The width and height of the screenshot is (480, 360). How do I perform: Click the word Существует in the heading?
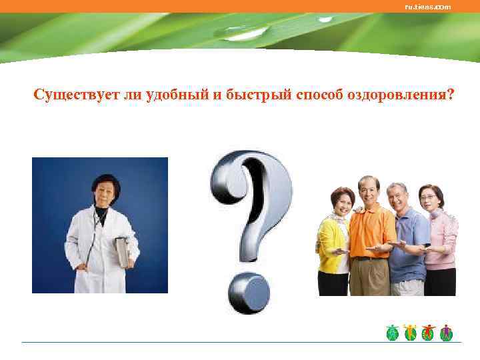[76, 95]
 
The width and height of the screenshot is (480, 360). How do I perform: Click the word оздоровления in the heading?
[399, 95]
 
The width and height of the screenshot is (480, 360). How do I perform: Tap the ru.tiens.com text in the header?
[428, 7]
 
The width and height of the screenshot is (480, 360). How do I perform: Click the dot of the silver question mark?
[248, 293]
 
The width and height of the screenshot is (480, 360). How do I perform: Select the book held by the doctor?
[122, 253]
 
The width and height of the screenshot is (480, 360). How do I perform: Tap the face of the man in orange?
[368, 191]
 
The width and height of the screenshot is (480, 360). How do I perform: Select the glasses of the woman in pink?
[430, 197]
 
